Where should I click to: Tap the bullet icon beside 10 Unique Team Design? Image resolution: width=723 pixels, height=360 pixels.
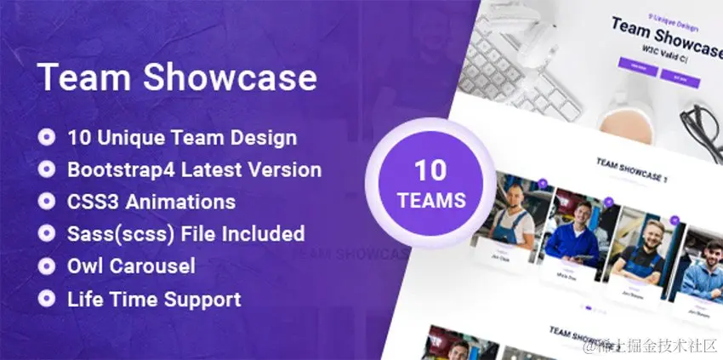coord(48,137)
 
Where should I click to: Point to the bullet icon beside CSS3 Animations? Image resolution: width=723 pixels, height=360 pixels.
coord(48,202)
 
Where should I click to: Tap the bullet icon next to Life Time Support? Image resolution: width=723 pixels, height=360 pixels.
coord(48,299)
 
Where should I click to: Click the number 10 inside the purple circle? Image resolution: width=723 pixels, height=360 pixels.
coord(430,170)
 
